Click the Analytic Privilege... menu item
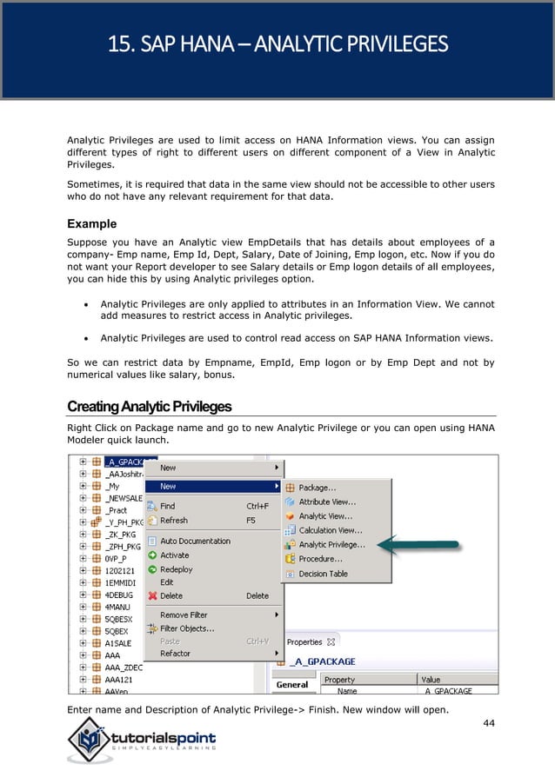[x=331, y=545]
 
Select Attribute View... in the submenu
[x=326, y=502]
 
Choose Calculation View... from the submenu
[x=331, y=530]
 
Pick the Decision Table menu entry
[x=323, y=574]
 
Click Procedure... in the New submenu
[x=320, y=559]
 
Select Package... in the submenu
[x=318, y=488]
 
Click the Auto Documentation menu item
[x=195, y=541]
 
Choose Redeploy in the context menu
[x=177, y=569]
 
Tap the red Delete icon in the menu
[x=152, y=596]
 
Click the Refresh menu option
[x=173, y=520]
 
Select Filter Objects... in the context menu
[x=187, y=628]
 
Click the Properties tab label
[x=304, y=642]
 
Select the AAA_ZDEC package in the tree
[x=124, y=668]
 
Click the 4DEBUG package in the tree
[x=120, y=582]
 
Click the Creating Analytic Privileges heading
[x=149, y=407]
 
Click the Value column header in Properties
[x=430, y=680]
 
